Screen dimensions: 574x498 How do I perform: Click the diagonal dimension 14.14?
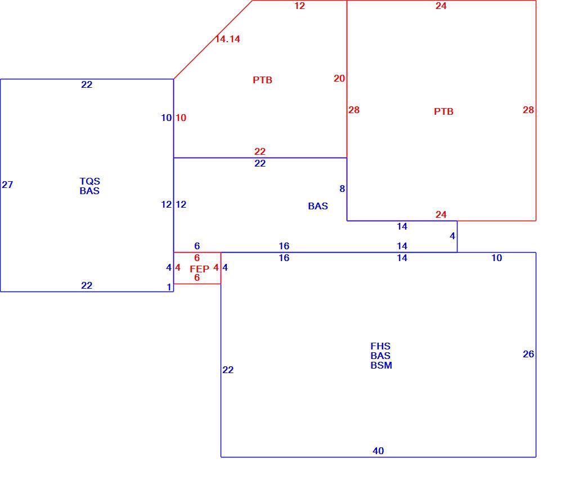tap(227, 39)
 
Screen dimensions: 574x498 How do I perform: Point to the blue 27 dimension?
tap(7, 185)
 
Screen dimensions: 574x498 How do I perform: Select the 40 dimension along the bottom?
tap(378, 451)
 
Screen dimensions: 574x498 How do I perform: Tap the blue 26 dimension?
tap(528, 354)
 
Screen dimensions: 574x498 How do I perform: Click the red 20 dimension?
tap(339, 78)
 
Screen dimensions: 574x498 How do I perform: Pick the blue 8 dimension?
tap(342, 189)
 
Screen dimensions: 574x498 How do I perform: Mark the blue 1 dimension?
tap(169, 287)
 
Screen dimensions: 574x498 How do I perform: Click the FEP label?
tap(200, 269)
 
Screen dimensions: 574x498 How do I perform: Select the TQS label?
tap(89, 181)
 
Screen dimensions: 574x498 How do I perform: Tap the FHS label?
tap(380, 346)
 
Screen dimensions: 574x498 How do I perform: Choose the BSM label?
tap(381, 365)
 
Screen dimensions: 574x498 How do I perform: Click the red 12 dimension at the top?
tap(299, 6)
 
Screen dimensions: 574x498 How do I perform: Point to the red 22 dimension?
tap(260, 151)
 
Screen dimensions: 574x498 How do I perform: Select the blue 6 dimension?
tap(197, 246)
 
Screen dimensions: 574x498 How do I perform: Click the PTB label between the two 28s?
tap(443, 111)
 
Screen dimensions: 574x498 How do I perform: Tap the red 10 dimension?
tap(181, 118)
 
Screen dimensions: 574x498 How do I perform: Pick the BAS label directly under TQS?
tap(89, 191)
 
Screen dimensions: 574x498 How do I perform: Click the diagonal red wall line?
tap(213, 39)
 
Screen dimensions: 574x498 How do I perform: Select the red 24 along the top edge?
tap(441, 6)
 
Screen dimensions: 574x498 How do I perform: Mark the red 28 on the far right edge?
tap(528, 110)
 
